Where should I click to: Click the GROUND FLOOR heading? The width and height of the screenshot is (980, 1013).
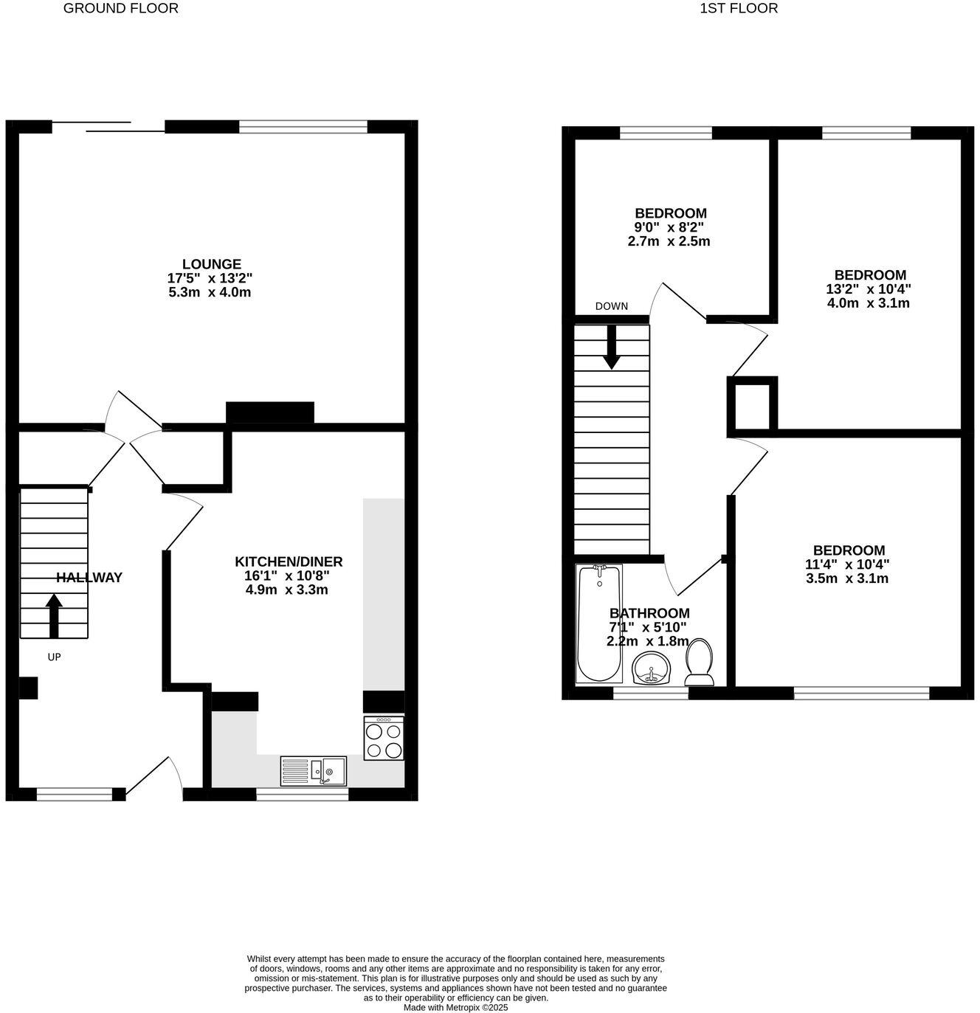pos(120,9)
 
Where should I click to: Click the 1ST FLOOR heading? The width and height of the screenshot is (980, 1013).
pos(739,9)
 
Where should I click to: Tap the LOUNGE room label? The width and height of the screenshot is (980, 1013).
pos(212,264)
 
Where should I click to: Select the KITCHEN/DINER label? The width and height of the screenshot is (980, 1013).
pos(289,561)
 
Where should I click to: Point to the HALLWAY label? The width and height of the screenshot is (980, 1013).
pos(89,578)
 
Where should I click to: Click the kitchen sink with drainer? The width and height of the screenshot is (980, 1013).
pos(314,771)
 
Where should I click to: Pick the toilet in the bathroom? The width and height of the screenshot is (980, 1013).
pos(699,662)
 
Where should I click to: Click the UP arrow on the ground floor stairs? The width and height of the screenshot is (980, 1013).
pos(54,615)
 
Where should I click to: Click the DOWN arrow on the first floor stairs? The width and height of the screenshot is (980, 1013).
pos(612,347)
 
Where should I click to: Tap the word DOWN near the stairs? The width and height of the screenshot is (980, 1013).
pos(612,306)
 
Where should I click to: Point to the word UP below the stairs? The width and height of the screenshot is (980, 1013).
pos(54,657)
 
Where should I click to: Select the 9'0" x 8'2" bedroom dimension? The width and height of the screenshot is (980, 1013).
pos(669,227)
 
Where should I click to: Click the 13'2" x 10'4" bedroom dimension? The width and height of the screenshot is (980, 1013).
pos(867,289)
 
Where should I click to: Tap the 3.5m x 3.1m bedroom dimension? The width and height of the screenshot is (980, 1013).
pos(847,578)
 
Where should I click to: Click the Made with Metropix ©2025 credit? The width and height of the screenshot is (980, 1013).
pos(455,1007)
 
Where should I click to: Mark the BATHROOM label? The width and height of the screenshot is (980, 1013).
pos(649,613)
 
